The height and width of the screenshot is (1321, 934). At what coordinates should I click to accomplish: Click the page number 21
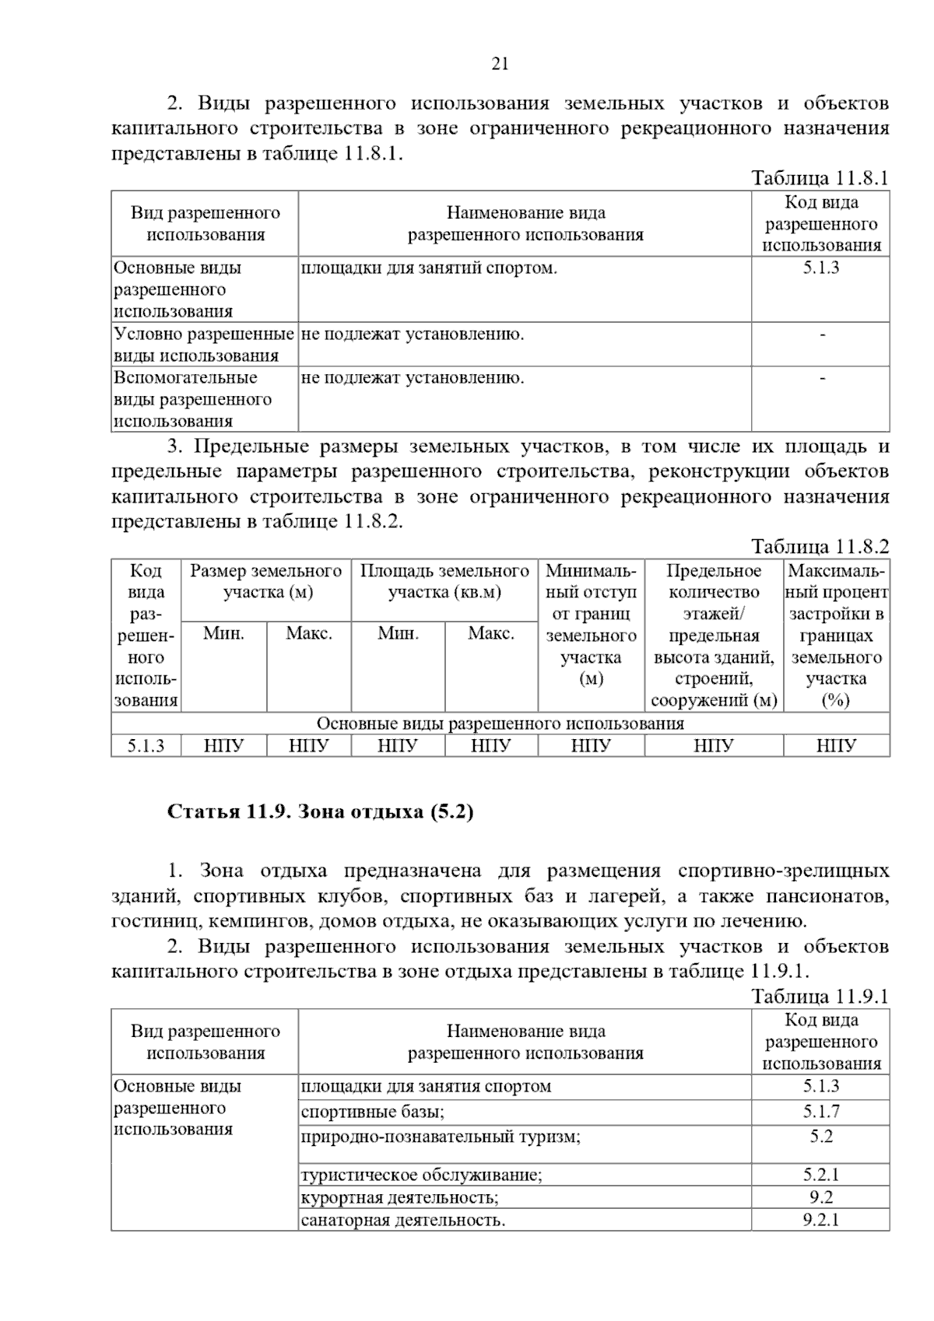point(500,64)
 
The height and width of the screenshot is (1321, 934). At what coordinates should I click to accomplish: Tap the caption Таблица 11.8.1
point(820,178)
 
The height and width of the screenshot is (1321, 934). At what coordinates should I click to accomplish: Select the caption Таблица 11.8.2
point(820,546)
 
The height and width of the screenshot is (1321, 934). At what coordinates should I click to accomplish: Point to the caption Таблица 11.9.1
point(820,997)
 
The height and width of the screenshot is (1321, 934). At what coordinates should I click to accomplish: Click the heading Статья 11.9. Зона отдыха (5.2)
point(321,812)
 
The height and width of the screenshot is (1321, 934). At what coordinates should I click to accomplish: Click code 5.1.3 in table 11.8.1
point(821,268)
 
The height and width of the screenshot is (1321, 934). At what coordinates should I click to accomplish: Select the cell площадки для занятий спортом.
point(429,268)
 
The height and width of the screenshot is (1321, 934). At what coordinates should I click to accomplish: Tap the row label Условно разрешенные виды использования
point(204,345)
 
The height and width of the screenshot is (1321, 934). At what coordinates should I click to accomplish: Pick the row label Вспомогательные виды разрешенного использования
point(193,399)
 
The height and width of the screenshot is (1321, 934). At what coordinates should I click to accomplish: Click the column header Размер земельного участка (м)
point(266,581)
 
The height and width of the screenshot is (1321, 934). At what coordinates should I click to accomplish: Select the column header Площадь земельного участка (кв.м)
point(444,581)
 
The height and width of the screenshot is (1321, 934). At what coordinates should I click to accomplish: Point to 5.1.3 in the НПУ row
point(146,746)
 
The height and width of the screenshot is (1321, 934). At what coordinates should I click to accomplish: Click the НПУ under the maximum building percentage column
point(836,746)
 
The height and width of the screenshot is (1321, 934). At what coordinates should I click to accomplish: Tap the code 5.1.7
point(821,1112)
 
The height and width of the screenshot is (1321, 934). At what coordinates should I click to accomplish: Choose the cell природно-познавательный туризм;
point(441,1137)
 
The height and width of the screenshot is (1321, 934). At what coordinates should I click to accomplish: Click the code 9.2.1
point(821,1220)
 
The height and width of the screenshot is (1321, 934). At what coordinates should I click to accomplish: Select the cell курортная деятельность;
point(400,1197)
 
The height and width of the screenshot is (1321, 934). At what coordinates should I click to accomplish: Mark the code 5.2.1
point(821,1175)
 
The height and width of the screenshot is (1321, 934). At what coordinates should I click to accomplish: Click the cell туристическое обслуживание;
point(421,1175)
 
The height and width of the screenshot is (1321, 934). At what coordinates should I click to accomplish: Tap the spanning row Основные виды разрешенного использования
point(500,724)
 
